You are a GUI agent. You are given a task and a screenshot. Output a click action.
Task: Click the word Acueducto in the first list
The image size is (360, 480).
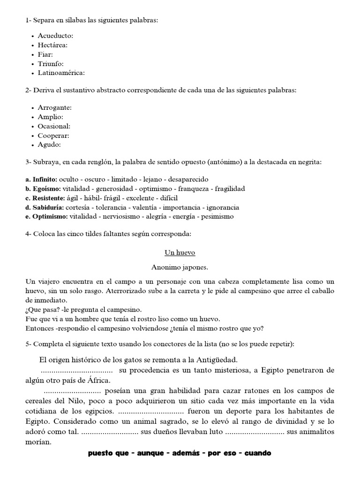tap(56, 36)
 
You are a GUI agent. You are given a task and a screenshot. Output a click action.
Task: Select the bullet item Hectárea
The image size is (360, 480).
tap(52, 45)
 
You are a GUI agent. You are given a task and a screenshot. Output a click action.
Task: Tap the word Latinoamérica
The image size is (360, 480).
tap(61, 73)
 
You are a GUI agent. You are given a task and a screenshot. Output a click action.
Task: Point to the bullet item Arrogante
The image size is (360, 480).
tap(54, 108)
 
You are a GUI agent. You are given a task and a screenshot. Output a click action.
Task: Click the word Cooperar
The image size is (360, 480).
tap(53, 135)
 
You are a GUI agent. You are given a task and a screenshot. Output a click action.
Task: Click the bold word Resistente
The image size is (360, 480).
tap(49, 198)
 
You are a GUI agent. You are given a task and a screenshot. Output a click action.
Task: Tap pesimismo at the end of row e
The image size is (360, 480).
tap(217, 217)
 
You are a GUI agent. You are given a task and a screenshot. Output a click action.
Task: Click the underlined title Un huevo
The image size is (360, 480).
tap(180, 253)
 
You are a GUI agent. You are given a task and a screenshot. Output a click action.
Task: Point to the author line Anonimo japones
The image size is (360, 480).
tap(180, 267)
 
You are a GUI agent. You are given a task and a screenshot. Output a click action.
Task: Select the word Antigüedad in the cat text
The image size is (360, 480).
tap(216, 360)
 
